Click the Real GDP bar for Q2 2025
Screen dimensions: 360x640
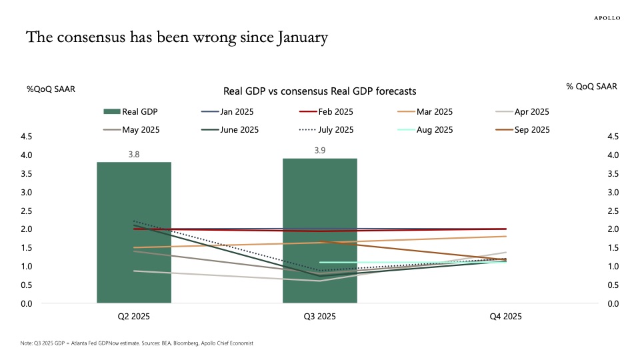click(134, 233)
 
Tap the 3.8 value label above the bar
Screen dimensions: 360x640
click(134, 155)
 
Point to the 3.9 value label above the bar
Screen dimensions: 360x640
click(320, 151)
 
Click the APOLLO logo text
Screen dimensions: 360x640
click(607, 18)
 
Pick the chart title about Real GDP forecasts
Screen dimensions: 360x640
click(320, 91)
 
